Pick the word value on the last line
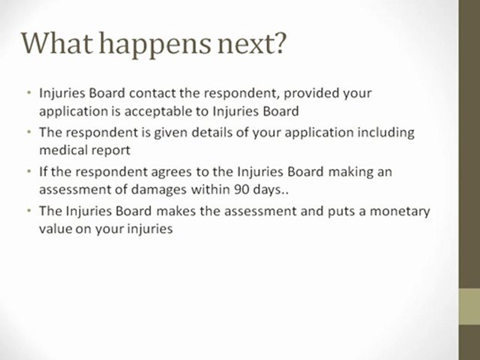55,228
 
